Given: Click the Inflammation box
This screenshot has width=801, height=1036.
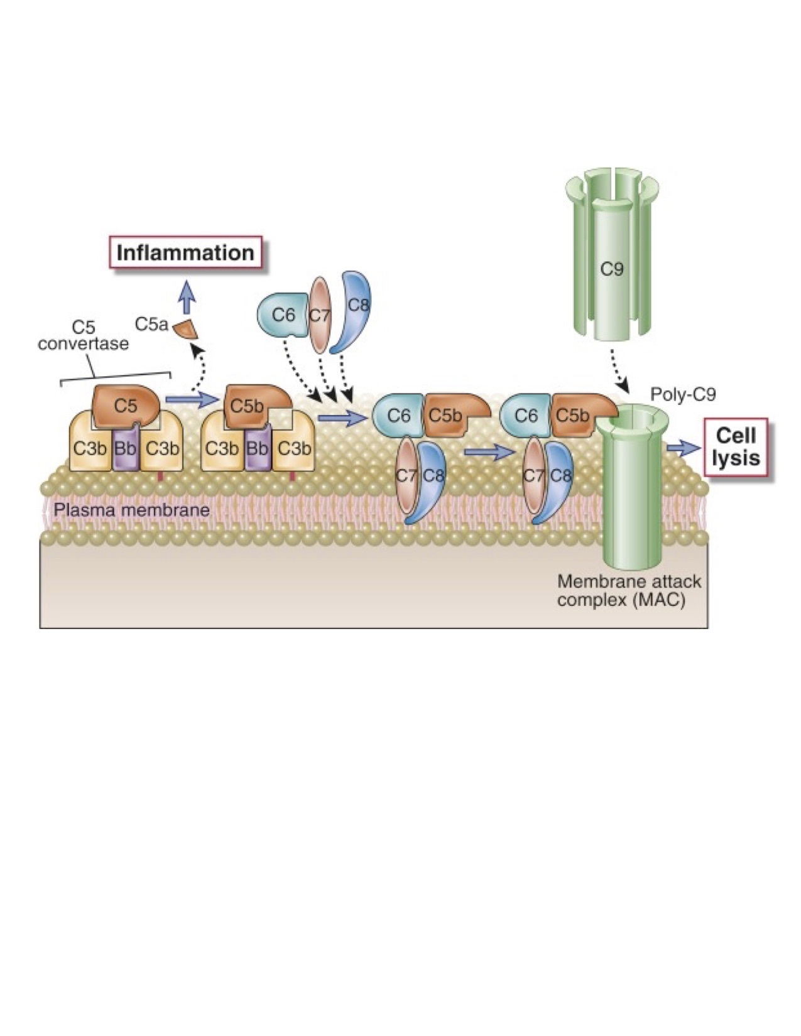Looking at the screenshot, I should (185, 253).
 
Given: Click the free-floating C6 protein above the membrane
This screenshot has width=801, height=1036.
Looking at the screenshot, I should (283, 314).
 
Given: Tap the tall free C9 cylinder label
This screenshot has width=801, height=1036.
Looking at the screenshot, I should (611, 269).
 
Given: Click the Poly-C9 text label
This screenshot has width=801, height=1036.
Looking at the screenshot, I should (683, 394).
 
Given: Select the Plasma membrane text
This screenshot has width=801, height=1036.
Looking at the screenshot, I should (131, 509).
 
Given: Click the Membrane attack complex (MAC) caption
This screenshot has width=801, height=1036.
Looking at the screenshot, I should (628, 590).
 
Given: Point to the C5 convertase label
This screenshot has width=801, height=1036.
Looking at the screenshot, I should (83, 337).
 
